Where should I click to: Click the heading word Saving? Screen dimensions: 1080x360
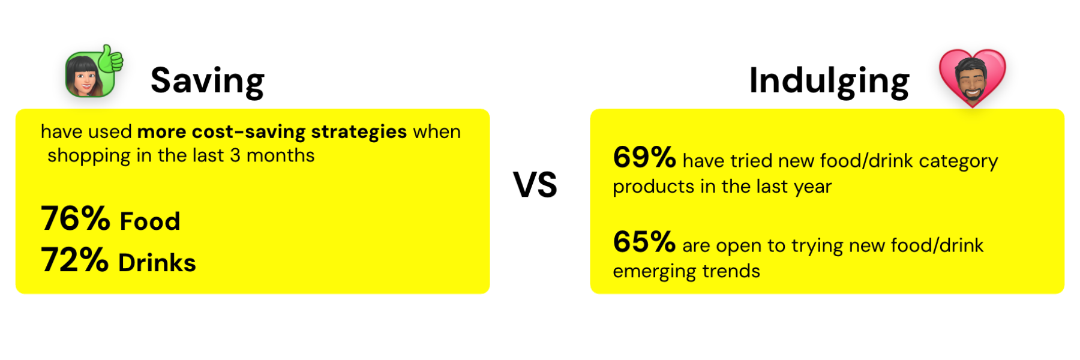pos(208,82)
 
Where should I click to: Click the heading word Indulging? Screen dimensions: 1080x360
pos(829,82)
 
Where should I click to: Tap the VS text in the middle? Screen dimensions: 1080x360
pos(535,184)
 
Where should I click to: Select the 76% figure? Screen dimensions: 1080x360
pos(76,218)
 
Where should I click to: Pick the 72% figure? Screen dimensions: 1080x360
pos(75,260)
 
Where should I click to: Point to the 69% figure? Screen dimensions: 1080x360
pos(644,157)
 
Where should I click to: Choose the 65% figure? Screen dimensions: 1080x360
pos(644,242)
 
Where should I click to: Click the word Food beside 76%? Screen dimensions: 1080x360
pos(150,221)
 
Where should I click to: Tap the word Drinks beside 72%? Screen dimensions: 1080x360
pos(157,263)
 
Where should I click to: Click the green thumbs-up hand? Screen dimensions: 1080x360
pos(110,59)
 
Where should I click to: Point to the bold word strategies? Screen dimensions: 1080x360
pos(359,131)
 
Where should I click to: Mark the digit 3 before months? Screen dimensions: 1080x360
pos(235,155)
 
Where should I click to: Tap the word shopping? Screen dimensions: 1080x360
pos(89,156)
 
